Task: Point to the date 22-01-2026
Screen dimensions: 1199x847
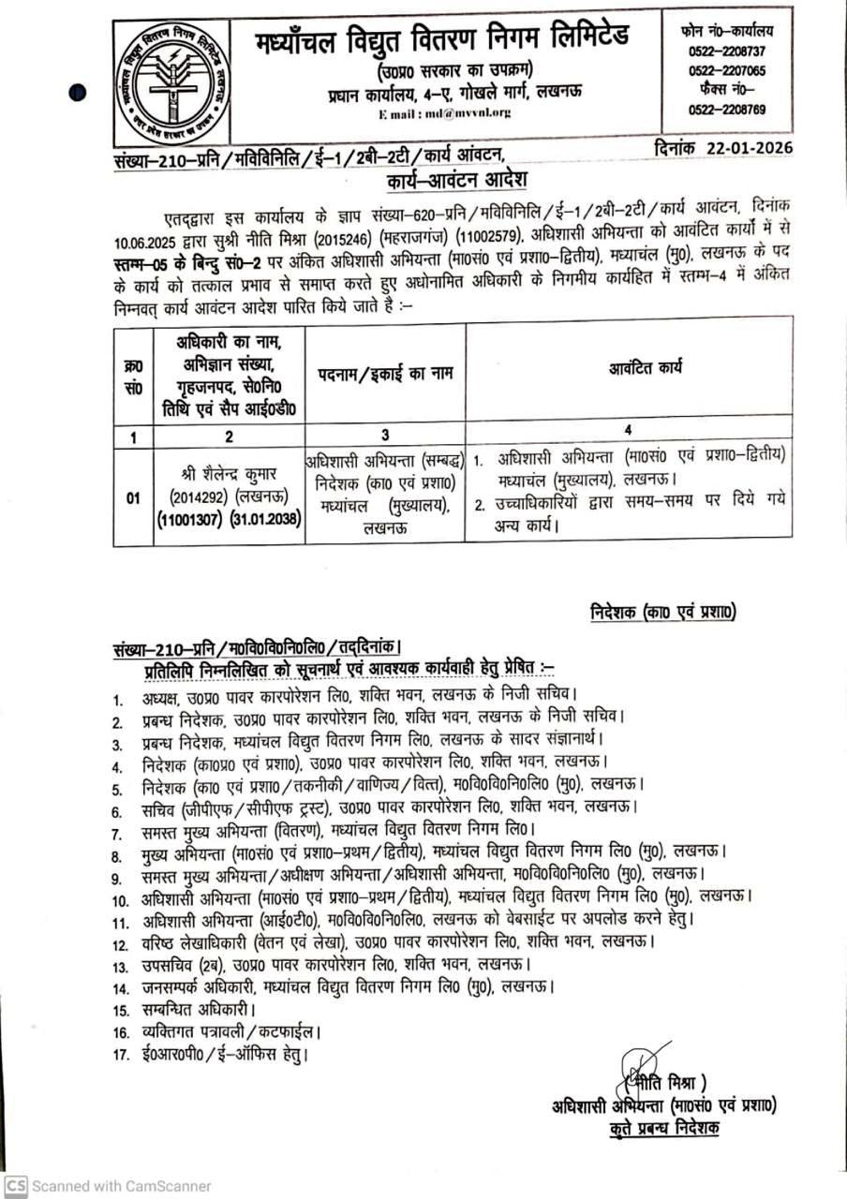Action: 750,148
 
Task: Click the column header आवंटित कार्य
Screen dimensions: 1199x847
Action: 627,372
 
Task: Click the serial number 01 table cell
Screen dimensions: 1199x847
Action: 133,497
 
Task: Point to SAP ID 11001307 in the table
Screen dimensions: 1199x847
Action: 190,521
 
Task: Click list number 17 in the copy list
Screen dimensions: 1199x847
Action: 120,1055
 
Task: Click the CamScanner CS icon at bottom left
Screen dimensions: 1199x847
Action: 16,1185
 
